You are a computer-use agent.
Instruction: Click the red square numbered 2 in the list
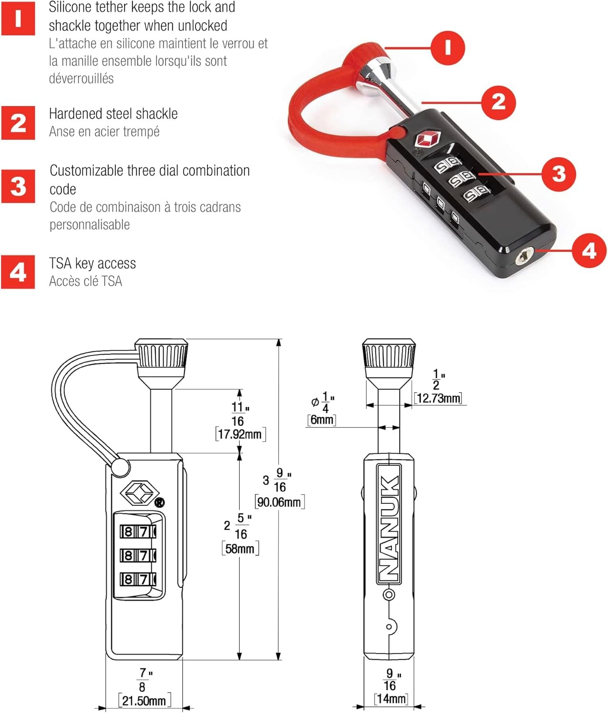point(18,123)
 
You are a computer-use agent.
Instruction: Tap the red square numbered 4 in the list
point(18,272)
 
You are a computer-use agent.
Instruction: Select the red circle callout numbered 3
point(559,173)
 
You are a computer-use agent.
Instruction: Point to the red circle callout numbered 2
point(498,102)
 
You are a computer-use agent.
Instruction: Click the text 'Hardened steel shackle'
point(113,114)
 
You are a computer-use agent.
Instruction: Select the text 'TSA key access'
point(92,263)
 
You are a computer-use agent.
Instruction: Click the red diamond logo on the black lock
point(427,140)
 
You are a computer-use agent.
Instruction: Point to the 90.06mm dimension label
point(279,502)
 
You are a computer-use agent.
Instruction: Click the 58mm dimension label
point(240,549)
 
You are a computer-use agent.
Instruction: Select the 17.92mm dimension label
point(240,434)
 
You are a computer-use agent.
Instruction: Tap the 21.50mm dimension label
point(144,700)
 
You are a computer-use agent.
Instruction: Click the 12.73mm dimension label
point(438,398)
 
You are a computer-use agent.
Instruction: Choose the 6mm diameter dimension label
point(322,419)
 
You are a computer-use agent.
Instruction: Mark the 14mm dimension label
point(391,698)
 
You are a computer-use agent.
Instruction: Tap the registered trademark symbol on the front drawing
point(160,502)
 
